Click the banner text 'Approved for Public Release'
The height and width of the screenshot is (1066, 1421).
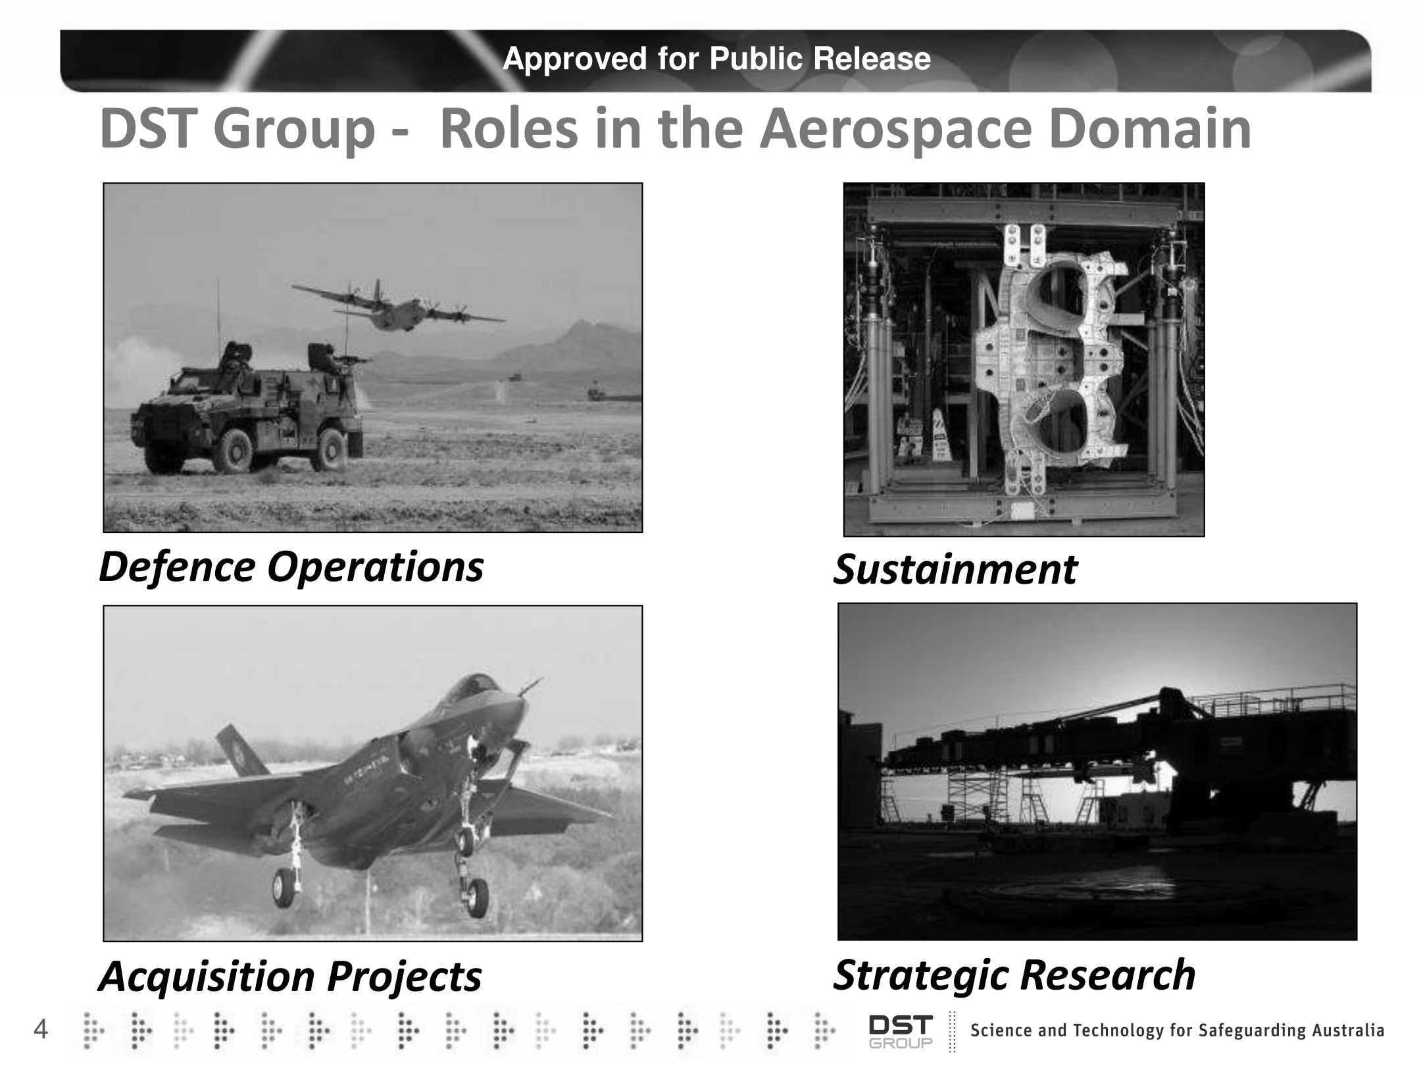point(716,59)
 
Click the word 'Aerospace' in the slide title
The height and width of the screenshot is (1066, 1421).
point(895,130)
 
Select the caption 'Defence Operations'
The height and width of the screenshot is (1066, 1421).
point(291,567)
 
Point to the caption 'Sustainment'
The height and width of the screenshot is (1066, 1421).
point(955,569)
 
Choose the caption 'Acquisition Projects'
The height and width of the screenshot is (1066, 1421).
point(290,976)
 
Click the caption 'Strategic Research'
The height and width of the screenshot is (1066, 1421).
point(1014,975)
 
